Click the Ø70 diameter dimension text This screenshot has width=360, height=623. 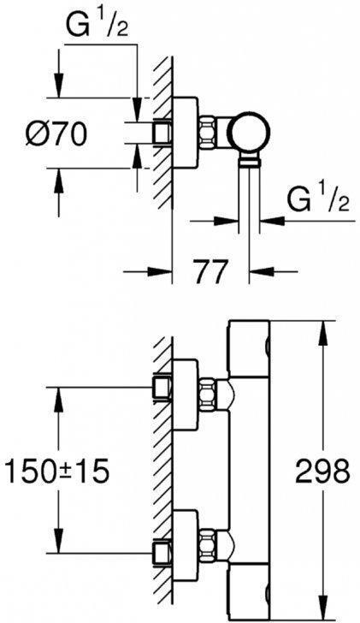56,136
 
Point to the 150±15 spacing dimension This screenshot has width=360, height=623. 57,470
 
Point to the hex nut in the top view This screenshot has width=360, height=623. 209,133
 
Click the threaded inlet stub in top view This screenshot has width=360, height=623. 162,133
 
